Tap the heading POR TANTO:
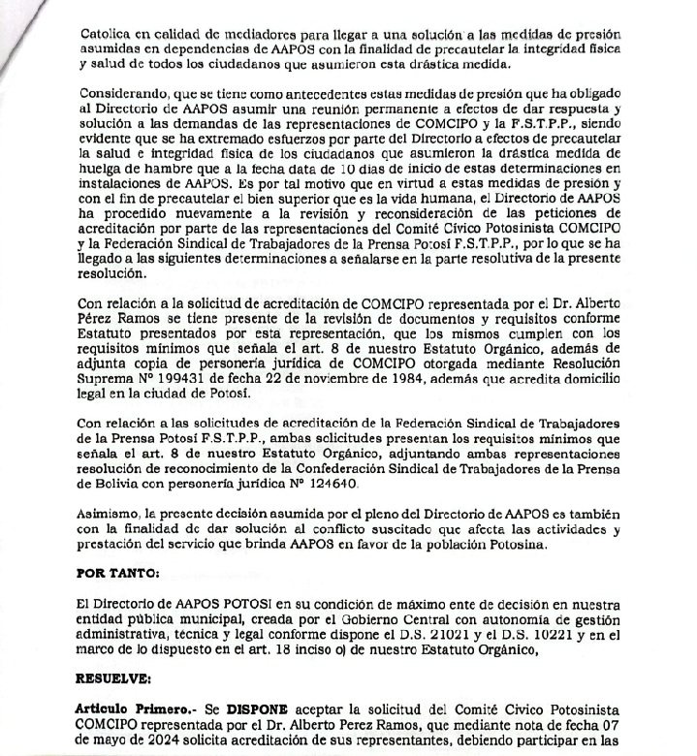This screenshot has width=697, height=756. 118,573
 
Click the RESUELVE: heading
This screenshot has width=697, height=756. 115,677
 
